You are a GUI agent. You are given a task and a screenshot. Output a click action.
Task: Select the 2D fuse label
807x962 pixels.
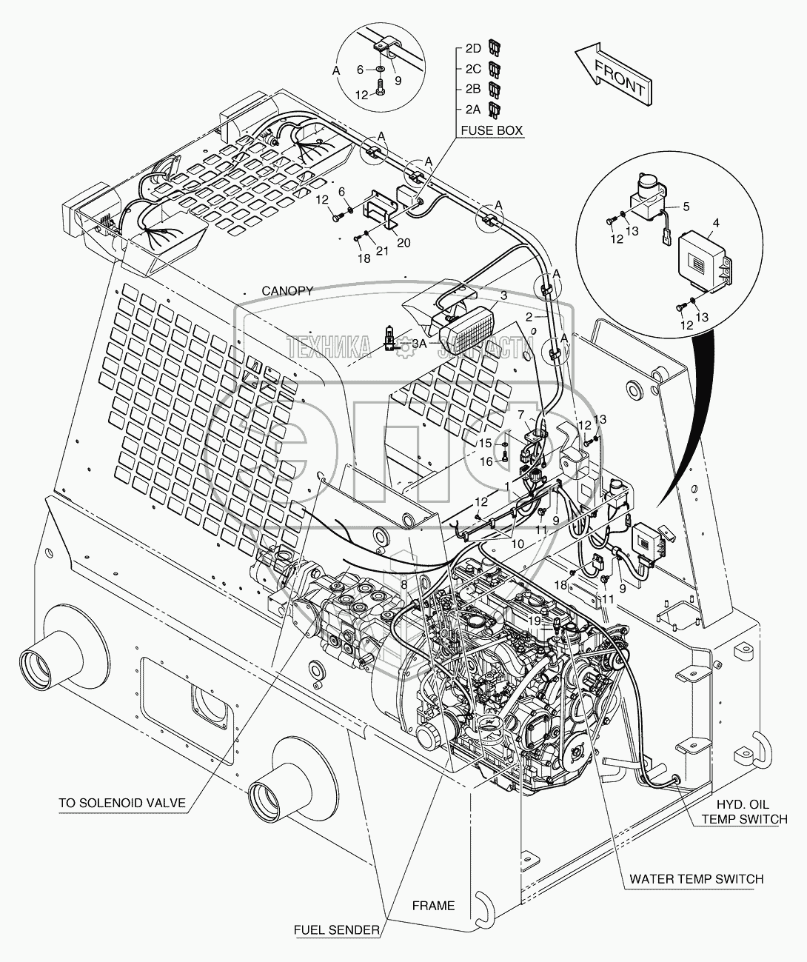[473, 49]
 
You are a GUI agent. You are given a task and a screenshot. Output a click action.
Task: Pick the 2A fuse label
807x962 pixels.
[473, 109]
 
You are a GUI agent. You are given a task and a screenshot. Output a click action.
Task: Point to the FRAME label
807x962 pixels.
[433, 905]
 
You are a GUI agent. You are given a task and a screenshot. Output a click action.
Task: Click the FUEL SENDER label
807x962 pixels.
[337, 929]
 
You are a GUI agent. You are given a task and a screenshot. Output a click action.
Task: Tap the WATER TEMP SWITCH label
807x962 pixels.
[696, 879]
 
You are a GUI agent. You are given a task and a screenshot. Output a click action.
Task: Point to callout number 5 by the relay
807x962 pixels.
[686, 206]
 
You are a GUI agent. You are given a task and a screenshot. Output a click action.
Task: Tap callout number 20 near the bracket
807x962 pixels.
[403, 243]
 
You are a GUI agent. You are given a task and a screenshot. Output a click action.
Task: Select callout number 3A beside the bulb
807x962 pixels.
[419, 344]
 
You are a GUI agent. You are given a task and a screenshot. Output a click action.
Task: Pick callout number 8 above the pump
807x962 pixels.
[403, 584]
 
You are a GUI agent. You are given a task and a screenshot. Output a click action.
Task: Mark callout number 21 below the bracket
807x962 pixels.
[381, 252]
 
